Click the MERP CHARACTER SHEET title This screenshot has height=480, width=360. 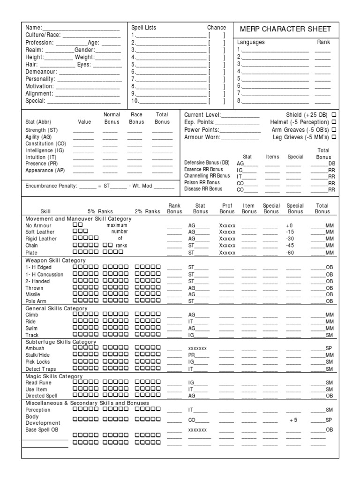285,29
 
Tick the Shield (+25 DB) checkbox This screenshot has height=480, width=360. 334,115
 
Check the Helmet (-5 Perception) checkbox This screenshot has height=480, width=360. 334,122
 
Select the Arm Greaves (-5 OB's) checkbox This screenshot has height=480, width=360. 334,130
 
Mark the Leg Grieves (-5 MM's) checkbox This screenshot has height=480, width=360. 334,137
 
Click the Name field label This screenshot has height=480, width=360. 33,28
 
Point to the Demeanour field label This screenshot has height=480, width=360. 41,72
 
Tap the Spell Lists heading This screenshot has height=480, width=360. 144,28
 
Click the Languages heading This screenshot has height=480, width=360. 251,42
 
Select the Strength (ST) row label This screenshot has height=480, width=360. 42,130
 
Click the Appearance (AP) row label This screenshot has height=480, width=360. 45,171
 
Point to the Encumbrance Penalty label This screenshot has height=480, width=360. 51,186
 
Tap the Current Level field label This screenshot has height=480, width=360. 202,115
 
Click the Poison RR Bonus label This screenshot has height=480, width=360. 202,182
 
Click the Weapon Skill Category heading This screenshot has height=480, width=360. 55,260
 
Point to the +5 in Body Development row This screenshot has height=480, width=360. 293,420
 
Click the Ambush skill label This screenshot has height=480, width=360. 35,349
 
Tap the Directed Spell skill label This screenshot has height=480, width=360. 41,396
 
